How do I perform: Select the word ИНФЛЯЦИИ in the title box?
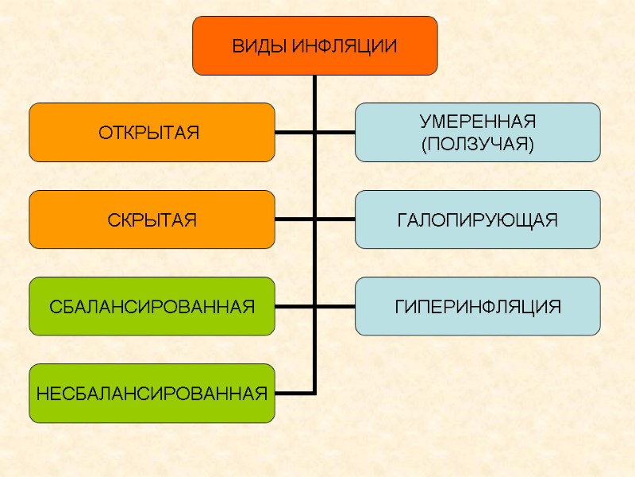344,46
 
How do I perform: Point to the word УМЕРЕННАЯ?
478,122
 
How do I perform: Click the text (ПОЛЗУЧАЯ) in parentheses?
478,144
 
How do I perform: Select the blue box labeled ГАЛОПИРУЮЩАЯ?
478,219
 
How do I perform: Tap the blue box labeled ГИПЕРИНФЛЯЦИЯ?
478,306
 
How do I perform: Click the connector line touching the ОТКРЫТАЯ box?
294,132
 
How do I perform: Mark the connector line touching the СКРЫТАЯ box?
294,219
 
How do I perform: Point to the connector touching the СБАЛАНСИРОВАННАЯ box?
294,306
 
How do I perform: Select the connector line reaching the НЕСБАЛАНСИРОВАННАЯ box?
294,393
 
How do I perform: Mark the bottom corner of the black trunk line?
315,393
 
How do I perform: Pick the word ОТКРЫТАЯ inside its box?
148,132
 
